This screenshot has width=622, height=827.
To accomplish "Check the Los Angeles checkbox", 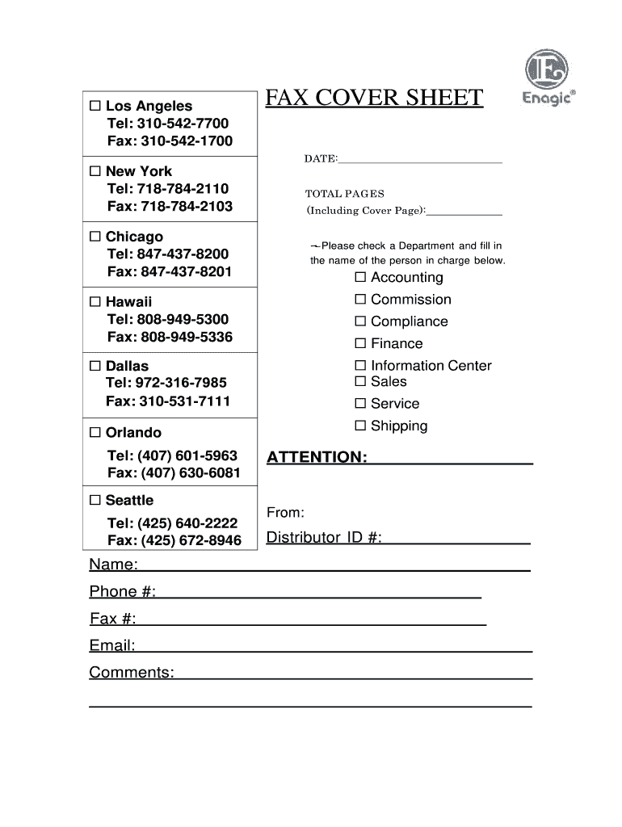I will tap(95, 106).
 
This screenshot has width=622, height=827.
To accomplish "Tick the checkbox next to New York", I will tap(95, 171).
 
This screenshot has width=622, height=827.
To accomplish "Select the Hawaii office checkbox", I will tap(95, 302).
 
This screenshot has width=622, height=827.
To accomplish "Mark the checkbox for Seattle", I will tap(95, 500).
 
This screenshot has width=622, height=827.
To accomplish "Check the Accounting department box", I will tap(360, 278).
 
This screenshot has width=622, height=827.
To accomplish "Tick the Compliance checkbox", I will tap(360, 321).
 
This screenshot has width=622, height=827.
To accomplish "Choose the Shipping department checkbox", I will tap(360, 426).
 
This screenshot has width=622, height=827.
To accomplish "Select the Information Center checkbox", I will tap(360, 365).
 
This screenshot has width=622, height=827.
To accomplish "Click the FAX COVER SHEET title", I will tap(375, 99).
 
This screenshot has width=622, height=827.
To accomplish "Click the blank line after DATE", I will tap(420, 159).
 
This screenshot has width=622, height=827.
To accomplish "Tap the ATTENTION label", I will tap(317, 458).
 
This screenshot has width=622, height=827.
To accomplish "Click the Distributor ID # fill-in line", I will tap(456, 539).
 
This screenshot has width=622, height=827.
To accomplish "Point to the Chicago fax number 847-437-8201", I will tap(186, 271).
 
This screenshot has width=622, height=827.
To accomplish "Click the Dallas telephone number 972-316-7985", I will tap(182, 383).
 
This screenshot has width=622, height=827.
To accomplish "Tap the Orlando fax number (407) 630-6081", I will tap(191, 472).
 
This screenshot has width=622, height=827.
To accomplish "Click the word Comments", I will tap(131, 673).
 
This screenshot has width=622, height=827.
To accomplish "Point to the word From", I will tap(285, 513).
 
